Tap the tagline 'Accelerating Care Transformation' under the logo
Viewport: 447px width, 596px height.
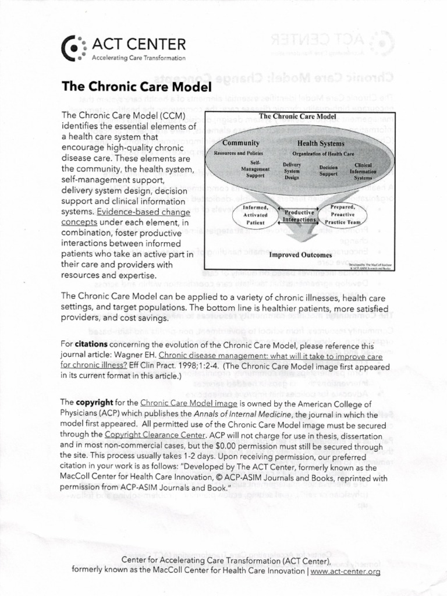(x=139, y=58)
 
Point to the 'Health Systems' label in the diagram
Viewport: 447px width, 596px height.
(x=321, y=143)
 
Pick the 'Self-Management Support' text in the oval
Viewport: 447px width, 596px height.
(x=255, y=168)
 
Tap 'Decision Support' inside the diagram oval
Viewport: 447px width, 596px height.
(x=328, y=169)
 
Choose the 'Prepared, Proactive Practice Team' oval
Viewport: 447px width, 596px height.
(x=347, y=215)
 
